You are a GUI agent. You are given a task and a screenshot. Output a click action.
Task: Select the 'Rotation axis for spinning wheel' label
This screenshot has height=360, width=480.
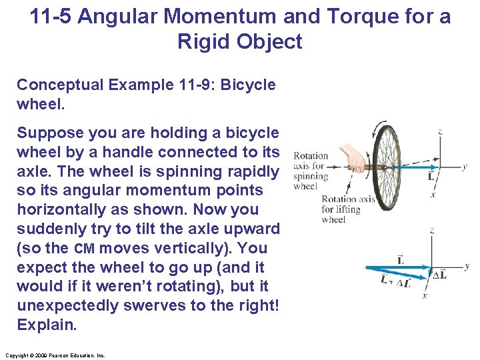point(311,171)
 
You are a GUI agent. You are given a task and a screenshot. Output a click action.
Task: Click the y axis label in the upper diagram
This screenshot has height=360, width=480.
point(465,166)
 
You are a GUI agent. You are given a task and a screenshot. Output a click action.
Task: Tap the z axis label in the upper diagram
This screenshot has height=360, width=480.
point(440,131)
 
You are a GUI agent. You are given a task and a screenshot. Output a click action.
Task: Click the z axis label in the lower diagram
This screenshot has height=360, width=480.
point(433,230)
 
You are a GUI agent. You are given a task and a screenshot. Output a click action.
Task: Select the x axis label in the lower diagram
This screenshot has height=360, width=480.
point(425,295)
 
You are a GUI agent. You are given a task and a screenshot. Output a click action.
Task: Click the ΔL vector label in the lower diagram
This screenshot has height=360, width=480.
point(439,275)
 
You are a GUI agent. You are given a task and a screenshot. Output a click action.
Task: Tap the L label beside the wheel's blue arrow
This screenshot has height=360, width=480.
point(431,177)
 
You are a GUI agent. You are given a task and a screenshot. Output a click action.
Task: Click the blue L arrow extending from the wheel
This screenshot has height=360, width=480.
point(413,167)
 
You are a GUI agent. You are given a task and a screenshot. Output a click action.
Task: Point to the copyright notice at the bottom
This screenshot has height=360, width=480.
point(54,355)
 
